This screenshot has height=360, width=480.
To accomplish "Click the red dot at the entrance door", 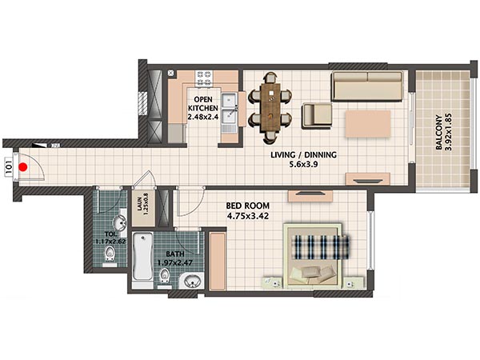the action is click(23, 167).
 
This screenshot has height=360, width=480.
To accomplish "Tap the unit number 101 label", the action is click(9, 167).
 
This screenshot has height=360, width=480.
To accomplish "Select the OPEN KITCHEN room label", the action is click(203, 104).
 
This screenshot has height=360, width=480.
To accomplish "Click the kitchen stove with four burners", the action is click(204, 78).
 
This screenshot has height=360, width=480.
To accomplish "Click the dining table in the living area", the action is click(270, 108).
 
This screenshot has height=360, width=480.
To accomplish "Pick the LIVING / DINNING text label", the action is click(303, 155).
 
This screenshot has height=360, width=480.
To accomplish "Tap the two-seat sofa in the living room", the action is click(367, 86).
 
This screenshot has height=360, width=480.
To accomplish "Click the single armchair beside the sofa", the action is click(317, 115).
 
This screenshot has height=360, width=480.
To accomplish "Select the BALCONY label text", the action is click(439, 132).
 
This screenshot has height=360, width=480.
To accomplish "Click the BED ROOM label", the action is click(248, 206).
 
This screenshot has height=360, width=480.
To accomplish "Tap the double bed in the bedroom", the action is click(313, 256).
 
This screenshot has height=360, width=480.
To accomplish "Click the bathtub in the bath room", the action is click(143, 257).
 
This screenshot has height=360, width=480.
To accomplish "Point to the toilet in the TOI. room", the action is click(110, 254).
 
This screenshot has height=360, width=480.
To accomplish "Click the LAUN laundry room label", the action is click(139, 202).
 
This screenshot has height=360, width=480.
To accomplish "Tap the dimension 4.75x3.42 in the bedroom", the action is click(248, 216).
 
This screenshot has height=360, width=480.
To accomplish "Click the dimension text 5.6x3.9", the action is click(303, 164).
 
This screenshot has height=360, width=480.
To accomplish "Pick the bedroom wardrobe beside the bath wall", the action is click(218, 261).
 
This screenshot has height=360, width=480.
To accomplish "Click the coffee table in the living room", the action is click(368, 124).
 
